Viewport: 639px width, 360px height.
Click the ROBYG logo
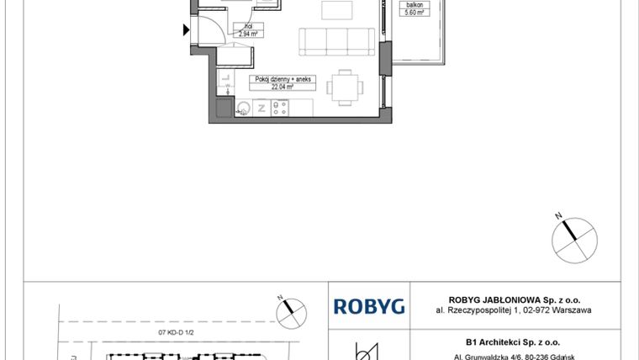[369, 306]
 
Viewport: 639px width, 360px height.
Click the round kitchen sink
[245, 108]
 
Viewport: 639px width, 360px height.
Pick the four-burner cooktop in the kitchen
[281, 108]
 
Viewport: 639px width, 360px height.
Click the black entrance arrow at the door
[187, 31]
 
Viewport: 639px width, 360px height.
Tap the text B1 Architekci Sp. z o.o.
[512, 342]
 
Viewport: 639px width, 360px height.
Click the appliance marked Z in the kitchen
[262, 108]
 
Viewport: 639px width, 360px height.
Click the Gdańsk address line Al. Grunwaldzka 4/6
[512, 354]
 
